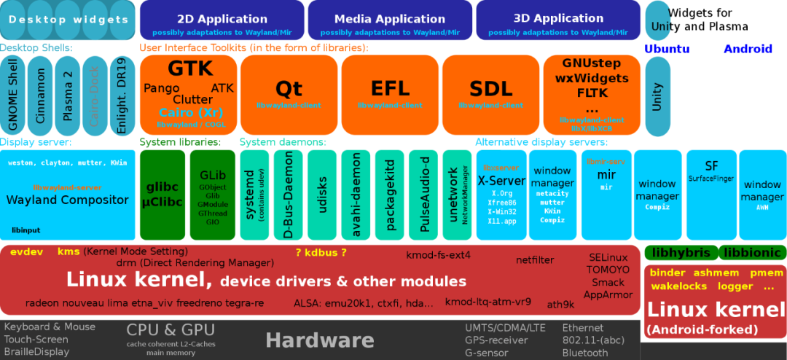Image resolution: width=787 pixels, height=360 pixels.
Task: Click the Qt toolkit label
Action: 289,89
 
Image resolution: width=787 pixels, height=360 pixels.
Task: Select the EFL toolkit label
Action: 390,89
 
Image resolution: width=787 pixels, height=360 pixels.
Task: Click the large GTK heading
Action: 190,69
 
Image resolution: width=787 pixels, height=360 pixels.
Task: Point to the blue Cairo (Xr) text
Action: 191,112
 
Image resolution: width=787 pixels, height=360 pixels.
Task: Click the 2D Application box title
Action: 222,19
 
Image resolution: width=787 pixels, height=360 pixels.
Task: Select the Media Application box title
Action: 390,19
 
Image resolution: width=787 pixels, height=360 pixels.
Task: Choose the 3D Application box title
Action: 558,18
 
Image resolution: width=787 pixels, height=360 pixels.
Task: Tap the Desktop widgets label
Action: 68,20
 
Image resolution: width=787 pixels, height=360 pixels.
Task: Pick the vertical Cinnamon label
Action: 41,95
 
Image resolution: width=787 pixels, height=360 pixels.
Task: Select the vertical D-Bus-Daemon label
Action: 289,195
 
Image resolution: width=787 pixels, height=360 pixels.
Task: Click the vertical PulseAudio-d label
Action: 425,194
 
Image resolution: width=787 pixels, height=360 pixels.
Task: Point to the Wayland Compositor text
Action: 67,200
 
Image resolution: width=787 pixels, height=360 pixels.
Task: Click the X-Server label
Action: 501,181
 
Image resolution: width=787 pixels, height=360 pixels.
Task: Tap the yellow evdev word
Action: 27,251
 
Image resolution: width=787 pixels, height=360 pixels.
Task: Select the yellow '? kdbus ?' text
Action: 321,253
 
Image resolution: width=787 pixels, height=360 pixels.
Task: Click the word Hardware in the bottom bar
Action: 319,340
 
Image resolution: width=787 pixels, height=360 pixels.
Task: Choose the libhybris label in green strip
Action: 681,253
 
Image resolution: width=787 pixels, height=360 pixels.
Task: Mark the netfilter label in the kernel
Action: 535,259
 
